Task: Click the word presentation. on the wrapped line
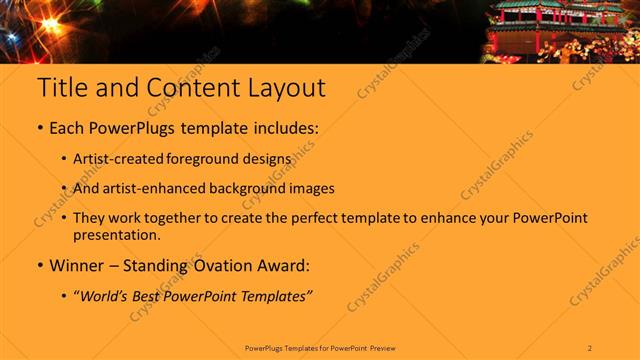tap(116, 235)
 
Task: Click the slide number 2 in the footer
tap(590, 347)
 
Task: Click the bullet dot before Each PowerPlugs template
tap(40, 130)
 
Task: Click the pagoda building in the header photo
tap(550, 25)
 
